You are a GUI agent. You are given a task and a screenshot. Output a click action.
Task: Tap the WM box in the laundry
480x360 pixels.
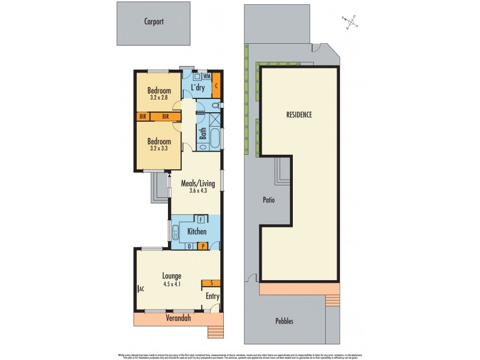[x=206, y=77]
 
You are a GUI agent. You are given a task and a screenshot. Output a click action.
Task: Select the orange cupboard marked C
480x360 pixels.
[x=216, y=85]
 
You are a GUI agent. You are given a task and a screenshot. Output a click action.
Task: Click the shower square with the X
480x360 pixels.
[x=215, y=118]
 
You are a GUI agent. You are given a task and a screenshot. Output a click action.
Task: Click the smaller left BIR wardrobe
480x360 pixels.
[x=143, y=116]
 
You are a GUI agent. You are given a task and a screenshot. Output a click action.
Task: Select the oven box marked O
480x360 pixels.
[x=190, y=245]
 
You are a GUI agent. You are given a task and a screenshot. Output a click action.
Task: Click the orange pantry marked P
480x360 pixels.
[x=203, y=245]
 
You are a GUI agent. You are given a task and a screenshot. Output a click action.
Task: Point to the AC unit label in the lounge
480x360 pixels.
[x=141, y=289]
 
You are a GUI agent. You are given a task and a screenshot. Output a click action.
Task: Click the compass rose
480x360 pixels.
[x=353, y=22]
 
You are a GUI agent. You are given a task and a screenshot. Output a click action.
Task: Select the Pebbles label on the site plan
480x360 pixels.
[x=284, y=321]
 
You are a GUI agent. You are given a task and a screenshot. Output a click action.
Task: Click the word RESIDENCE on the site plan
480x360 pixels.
[x=298, y=114]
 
